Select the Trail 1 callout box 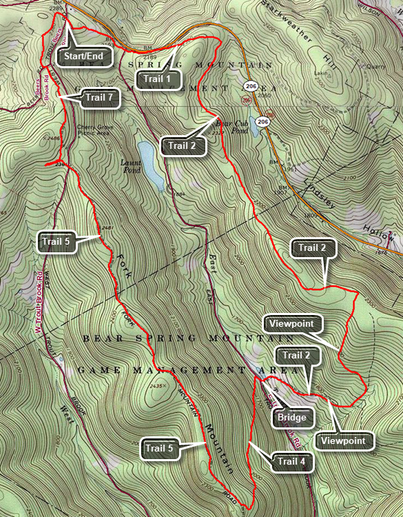pos(157,79)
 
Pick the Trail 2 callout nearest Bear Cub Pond pos(183,146)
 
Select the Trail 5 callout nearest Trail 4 pos(161,448)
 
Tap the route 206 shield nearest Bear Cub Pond pos(262,121)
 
